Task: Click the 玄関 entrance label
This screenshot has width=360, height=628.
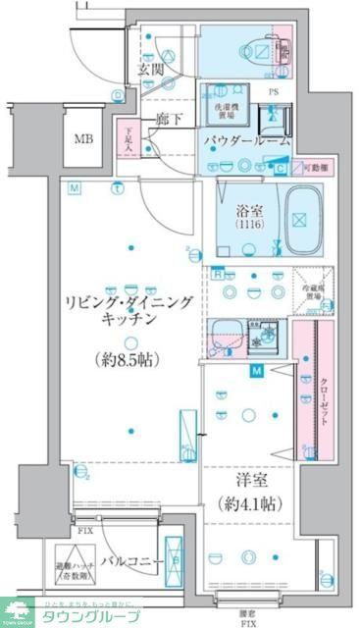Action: pos(149,70)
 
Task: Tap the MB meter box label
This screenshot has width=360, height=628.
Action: pos(86,136)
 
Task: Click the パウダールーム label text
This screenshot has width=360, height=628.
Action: pos(247,141)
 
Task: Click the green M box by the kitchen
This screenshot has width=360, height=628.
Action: pos(257,371)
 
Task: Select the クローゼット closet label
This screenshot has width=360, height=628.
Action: pos(323,396)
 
